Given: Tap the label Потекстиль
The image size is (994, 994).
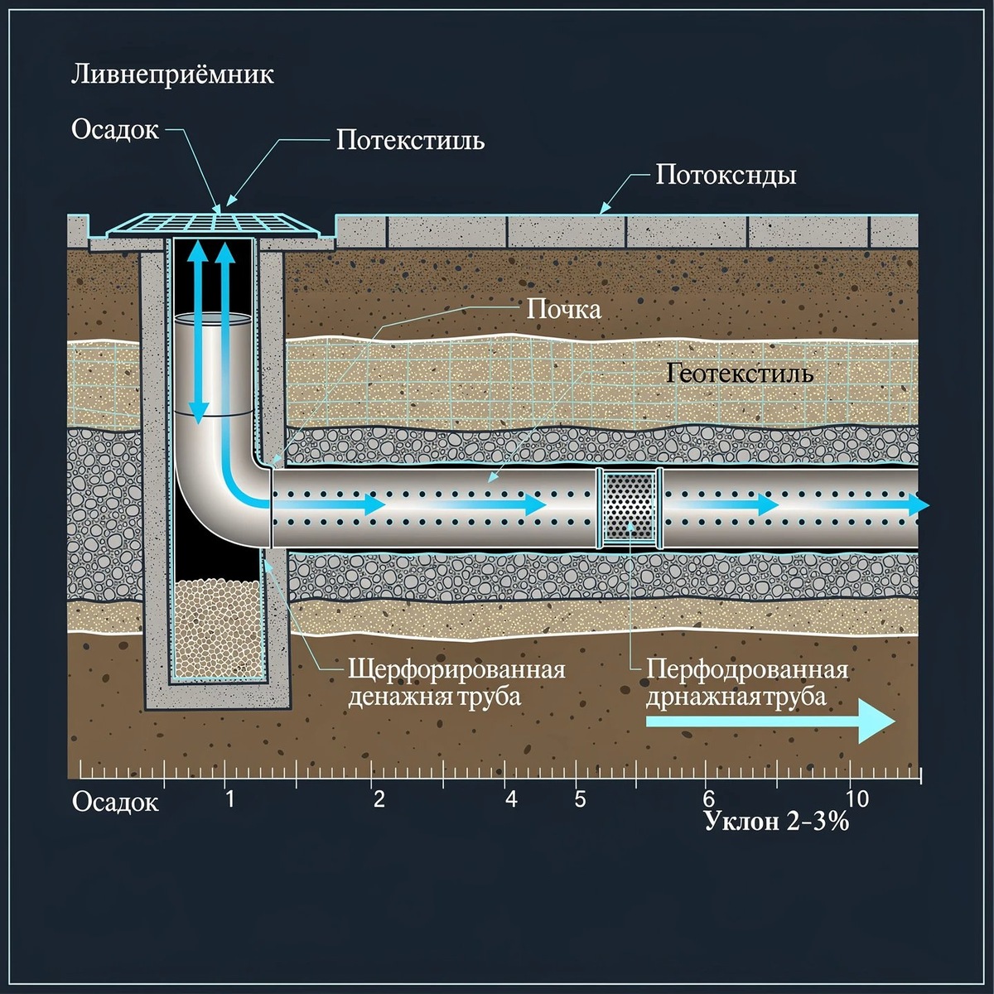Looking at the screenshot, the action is click(411, 140).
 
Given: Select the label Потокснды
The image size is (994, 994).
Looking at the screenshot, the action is click(726, 176).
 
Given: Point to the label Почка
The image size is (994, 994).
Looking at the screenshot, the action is click(564, 310).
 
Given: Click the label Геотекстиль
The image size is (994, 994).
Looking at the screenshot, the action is click(740, 373).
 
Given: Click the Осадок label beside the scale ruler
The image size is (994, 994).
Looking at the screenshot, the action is click(115, 803).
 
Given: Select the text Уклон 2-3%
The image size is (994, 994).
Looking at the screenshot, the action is click(776, 821).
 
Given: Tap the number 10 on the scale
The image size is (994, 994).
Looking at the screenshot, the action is click(857, 799).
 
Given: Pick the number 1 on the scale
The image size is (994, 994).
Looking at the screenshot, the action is click(230, 799).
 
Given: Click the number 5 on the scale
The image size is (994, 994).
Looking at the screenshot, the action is click(580, 799).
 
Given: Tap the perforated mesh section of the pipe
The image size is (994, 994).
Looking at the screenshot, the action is click(630, 508).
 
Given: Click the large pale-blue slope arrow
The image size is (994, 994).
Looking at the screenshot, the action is click(770, 721).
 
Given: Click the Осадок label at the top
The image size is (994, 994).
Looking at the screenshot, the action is click(115, 129).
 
